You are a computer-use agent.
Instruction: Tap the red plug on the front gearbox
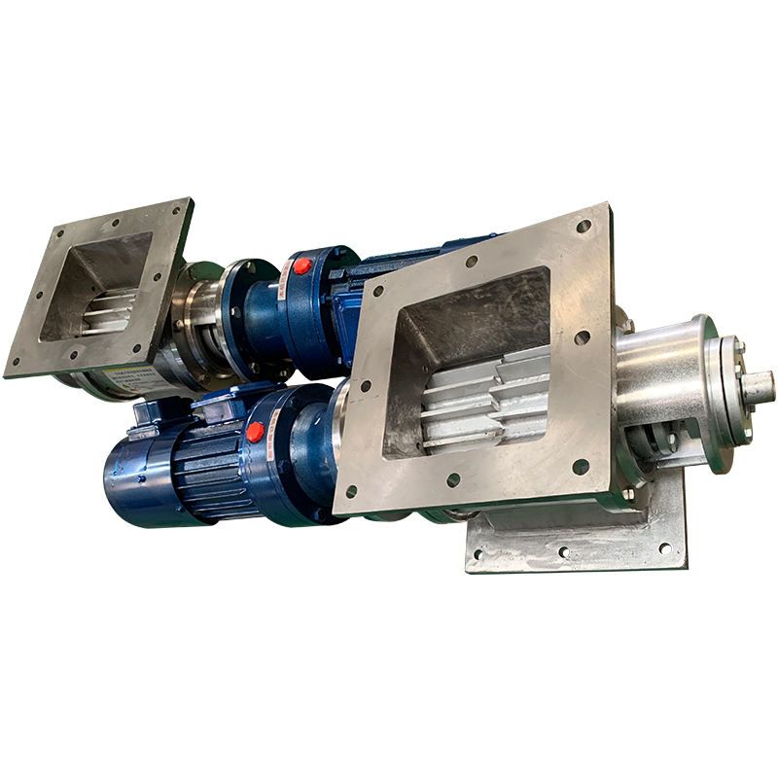[x=255, y=432]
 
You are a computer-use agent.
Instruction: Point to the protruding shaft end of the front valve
[x=759, y=386]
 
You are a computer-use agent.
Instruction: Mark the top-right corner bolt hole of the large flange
[x=583, y=227]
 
